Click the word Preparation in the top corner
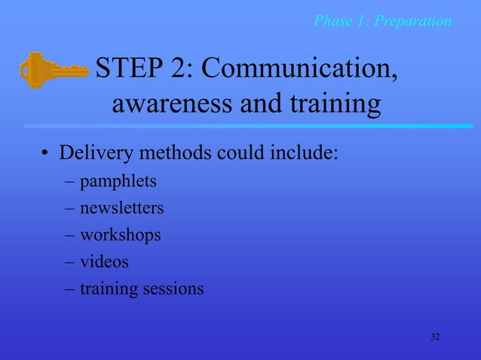point(413,20)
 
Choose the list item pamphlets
point(114,182)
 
